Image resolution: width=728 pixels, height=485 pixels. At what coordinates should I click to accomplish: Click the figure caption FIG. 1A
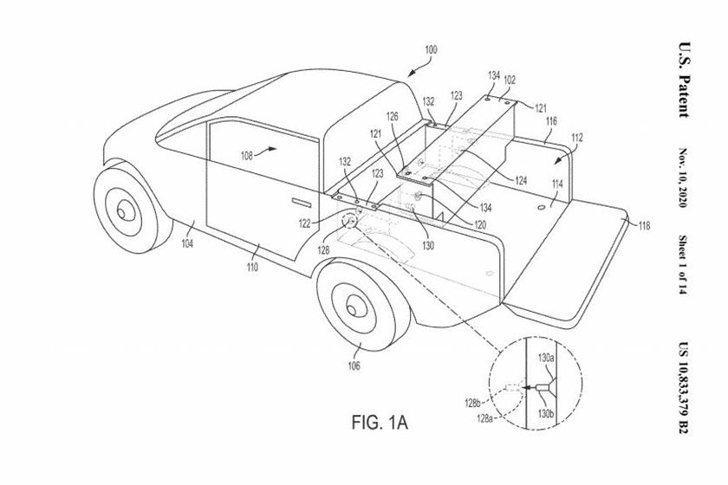click(x=379, y=423)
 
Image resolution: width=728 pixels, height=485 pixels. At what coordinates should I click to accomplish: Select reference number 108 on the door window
click(x=246, y=157)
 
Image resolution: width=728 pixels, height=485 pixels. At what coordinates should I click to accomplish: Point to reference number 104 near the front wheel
click(x=187, y=244)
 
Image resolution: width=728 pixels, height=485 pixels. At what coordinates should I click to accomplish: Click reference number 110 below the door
click(x=252, y=268)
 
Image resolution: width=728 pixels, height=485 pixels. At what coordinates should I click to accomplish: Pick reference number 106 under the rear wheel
click(x=354, y=365)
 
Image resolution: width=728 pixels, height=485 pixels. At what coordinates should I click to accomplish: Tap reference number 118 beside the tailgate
click(x=643, y=226)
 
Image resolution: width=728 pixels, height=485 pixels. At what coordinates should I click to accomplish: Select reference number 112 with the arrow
click(x=577, y=139)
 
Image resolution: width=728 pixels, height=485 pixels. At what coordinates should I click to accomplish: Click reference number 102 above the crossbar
click(x=510, y=80)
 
